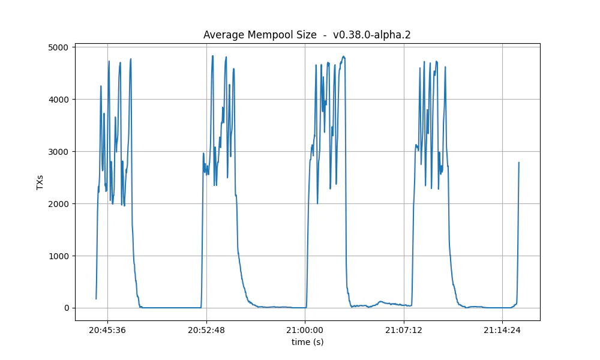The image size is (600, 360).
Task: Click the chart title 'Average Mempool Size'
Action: (260, 35)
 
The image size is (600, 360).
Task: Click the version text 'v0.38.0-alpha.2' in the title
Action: (371, 35)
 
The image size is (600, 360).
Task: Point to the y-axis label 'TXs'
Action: (40, 182)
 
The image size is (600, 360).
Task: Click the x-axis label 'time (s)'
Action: (307, 342)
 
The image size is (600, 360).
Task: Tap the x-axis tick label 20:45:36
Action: (107, 330)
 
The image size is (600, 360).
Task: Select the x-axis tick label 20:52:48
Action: (206, 330)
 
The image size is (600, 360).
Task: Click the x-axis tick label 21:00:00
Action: (305, 330)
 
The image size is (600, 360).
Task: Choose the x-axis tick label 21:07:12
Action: (404, 330)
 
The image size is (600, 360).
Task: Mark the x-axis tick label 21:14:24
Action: (502, 330)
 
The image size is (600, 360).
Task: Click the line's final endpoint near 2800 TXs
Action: (518, 163)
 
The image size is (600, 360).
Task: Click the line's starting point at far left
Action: (96, 299)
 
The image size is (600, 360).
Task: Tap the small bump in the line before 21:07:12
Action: (380, 302)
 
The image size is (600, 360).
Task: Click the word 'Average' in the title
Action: (223, 35)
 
